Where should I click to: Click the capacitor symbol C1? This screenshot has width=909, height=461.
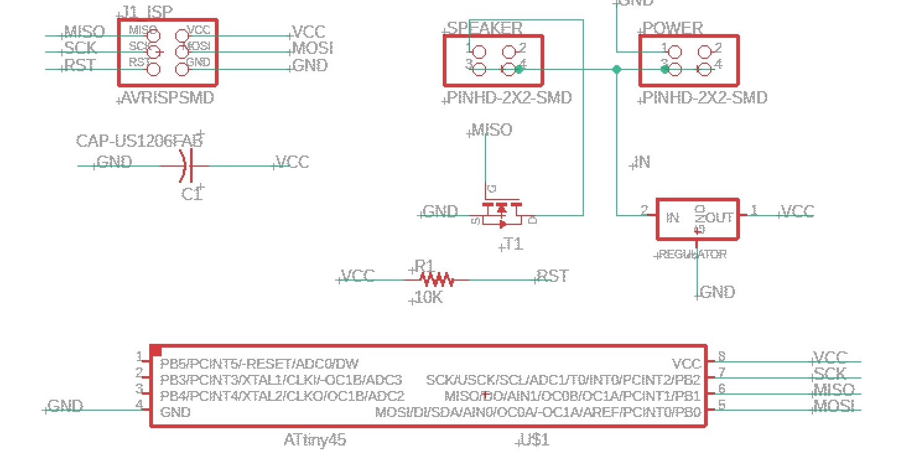pos(185,166)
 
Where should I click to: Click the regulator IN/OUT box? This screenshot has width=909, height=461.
pos(697,219)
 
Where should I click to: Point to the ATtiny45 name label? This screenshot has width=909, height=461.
pos(315,441)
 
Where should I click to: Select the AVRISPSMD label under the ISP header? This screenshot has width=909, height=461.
pos(168,98)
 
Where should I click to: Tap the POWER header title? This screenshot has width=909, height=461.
pos(673,29)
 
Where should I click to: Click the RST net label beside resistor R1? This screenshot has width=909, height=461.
pos(552,276)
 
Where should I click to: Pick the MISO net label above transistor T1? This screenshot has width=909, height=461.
pos(492,130)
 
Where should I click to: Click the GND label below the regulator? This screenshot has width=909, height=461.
pos(717,292)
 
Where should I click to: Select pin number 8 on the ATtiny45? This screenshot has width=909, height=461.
pos(721,357)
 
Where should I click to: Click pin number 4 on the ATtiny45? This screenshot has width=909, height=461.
pos(140,405)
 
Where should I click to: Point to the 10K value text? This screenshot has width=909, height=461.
pos(428,297)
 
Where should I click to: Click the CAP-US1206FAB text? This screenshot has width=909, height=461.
pos(139,141)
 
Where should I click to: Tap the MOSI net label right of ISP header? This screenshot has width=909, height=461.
pos(312,48)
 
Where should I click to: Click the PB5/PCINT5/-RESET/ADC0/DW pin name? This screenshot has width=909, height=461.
pos(259,364)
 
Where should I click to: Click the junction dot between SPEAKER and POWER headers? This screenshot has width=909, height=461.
pos(616,69)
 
